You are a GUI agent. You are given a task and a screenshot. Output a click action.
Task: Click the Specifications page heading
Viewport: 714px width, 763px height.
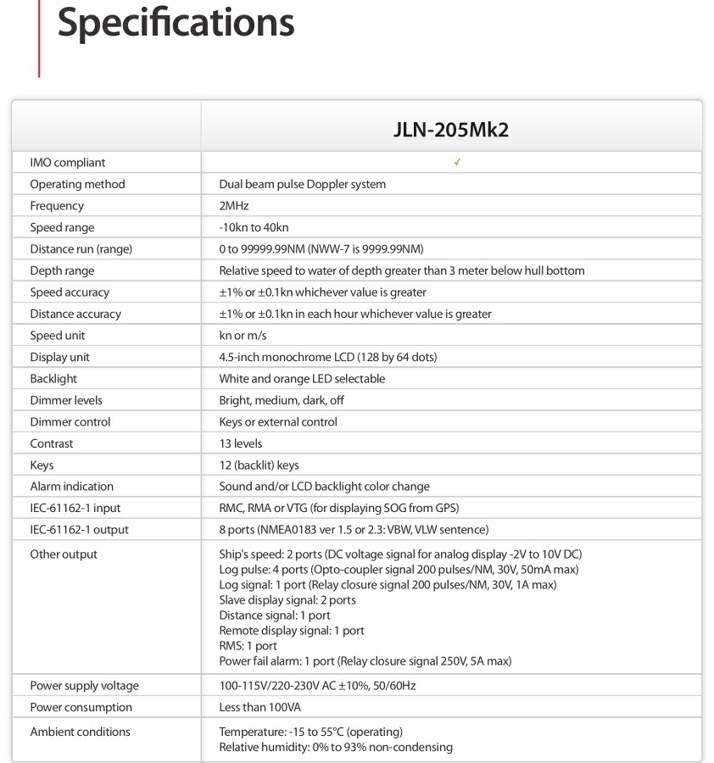(x=176, y=24)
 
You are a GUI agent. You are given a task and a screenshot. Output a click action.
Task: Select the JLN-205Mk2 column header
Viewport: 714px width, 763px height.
(x=451, y=130)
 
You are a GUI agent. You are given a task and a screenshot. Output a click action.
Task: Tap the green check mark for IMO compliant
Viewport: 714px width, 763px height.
(x=457, y=162)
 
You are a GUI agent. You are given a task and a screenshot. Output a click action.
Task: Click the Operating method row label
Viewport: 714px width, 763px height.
(x=77, y=184)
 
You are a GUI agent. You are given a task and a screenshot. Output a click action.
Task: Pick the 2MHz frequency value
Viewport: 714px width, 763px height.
(x=234, y=206)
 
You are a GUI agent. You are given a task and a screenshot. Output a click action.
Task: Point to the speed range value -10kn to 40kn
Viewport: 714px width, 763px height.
(x=254, y=227)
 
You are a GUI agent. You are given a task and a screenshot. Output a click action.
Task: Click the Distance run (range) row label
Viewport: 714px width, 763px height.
(x=81, y=249)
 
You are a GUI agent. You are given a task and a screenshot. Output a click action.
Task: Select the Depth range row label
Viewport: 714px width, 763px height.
(x=62, y=270)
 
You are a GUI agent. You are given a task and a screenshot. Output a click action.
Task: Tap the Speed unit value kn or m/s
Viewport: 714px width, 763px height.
(x=243, y=336)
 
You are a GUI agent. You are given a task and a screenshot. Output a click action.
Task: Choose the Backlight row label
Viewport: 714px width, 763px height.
(x=53, y=379)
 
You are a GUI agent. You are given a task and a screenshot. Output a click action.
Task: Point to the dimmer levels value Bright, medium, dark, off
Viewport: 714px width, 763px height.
(x=282, y=400)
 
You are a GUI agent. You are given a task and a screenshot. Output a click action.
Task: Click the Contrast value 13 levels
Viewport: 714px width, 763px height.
(x=241, y=443)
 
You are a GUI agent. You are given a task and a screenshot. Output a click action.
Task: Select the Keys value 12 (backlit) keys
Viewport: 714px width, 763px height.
(x=259, y=465)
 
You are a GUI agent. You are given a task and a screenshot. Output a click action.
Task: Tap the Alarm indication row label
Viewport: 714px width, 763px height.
(x=71, y=487)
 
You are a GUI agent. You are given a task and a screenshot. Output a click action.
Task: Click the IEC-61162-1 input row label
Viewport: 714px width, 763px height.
(x=75, y=508)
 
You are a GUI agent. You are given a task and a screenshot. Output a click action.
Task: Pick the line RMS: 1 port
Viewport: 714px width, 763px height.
(x=248, y=645)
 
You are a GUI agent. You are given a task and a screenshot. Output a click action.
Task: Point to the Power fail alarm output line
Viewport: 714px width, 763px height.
(x=365, y=660)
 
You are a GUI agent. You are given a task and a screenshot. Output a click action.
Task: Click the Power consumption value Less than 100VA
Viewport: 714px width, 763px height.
(x=259, y=707)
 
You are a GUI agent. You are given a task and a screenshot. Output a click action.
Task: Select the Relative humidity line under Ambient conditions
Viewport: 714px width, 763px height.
(x=336, y=747)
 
